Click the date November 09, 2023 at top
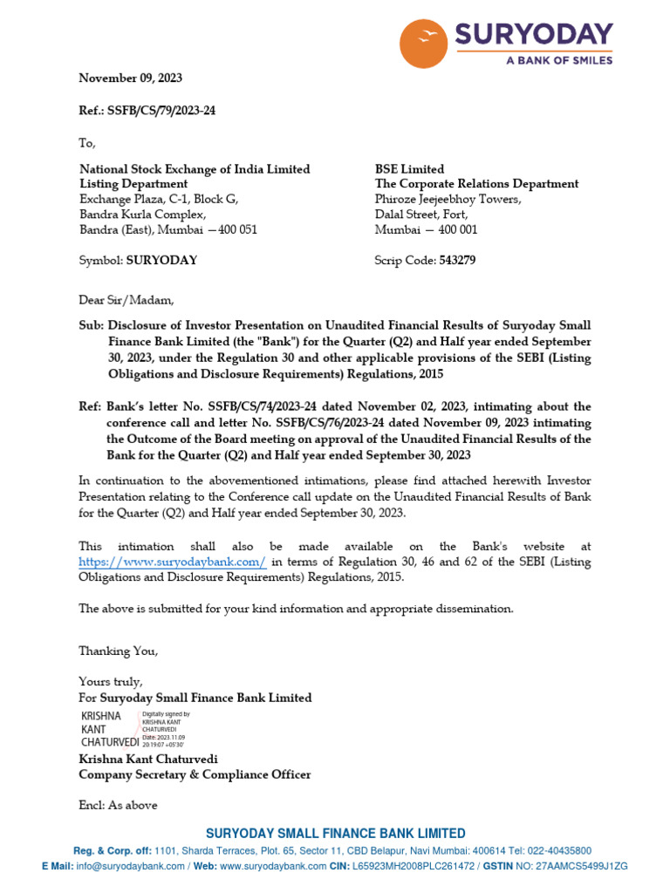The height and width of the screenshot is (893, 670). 131,78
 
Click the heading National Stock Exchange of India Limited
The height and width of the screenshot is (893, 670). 195,169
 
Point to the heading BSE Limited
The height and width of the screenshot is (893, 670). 409,169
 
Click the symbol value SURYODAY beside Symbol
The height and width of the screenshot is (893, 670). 161,260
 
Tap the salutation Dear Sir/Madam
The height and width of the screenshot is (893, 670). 126,300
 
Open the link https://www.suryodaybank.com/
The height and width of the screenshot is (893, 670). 172,562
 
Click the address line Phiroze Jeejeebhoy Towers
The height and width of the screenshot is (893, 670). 448,199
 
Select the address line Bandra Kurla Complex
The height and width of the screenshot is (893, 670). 143,214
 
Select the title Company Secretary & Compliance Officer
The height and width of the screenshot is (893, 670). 195,774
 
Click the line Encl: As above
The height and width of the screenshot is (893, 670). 118,805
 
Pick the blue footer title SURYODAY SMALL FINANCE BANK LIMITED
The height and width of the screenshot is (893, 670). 335,834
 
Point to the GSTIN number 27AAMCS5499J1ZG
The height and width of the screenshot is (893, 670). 578,866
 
